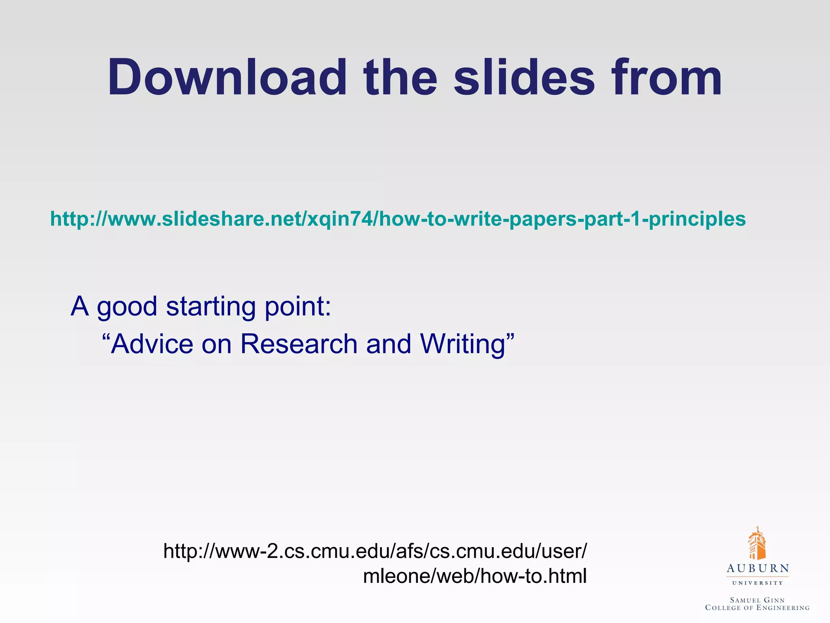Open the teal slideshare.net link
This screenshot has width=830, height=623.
(398, 219)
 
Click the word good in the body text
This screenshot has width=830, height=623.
(127, 307)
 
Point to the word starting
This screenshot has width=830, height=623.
(211, 307)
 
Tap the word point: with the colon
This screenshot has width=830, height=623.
(298, 307)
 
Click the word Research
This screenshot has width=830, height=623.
(299, 344)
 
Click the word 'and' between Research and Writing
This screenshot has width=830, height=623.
(389, 344)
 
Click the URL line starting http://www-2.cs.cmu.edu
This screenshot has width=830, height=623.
(374, 551)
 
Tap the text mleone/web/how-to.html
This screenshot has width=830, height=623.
(475, 576)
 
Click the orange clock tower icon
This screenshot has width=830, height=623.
(757, 544)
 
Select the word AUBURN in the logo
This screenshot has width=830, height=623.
(757, 568)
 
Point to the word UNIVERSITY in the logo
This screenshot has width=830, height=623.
(757, 583)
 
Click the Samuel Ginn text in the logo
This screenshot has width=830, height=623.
(757, 600)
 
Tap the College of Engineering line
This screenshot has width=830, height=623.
(757, 608)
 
